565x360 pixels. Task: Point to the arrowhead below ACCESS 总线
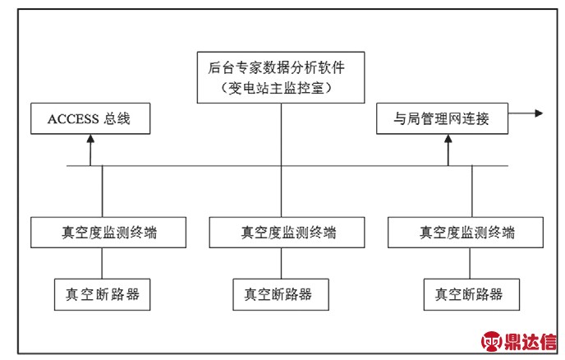[x=90, y=139]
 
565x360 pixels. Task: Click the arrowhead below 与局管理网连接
[x=448, y=139]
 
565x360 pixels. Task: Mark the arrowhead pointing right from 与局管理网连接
[x=539, y=113]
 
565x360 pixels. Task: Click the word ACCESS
[x=73, y=119]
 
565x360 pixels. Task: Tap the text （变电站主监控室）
[x=277, y=88]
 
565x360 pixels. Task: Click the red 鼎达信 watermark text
[x=530, y=341]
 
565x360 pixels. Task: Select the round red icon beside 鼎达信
[x=491, y=341]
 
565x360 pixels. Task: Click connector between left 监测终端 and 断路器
[x=102, y=263]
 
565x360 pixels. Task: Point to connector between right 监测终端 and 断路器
[x=470, y=263]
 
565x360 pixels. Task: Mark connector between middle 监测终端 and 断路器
[x=282, y=263]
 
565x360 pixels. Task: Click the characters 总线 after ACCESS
[x=117, y=118]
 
